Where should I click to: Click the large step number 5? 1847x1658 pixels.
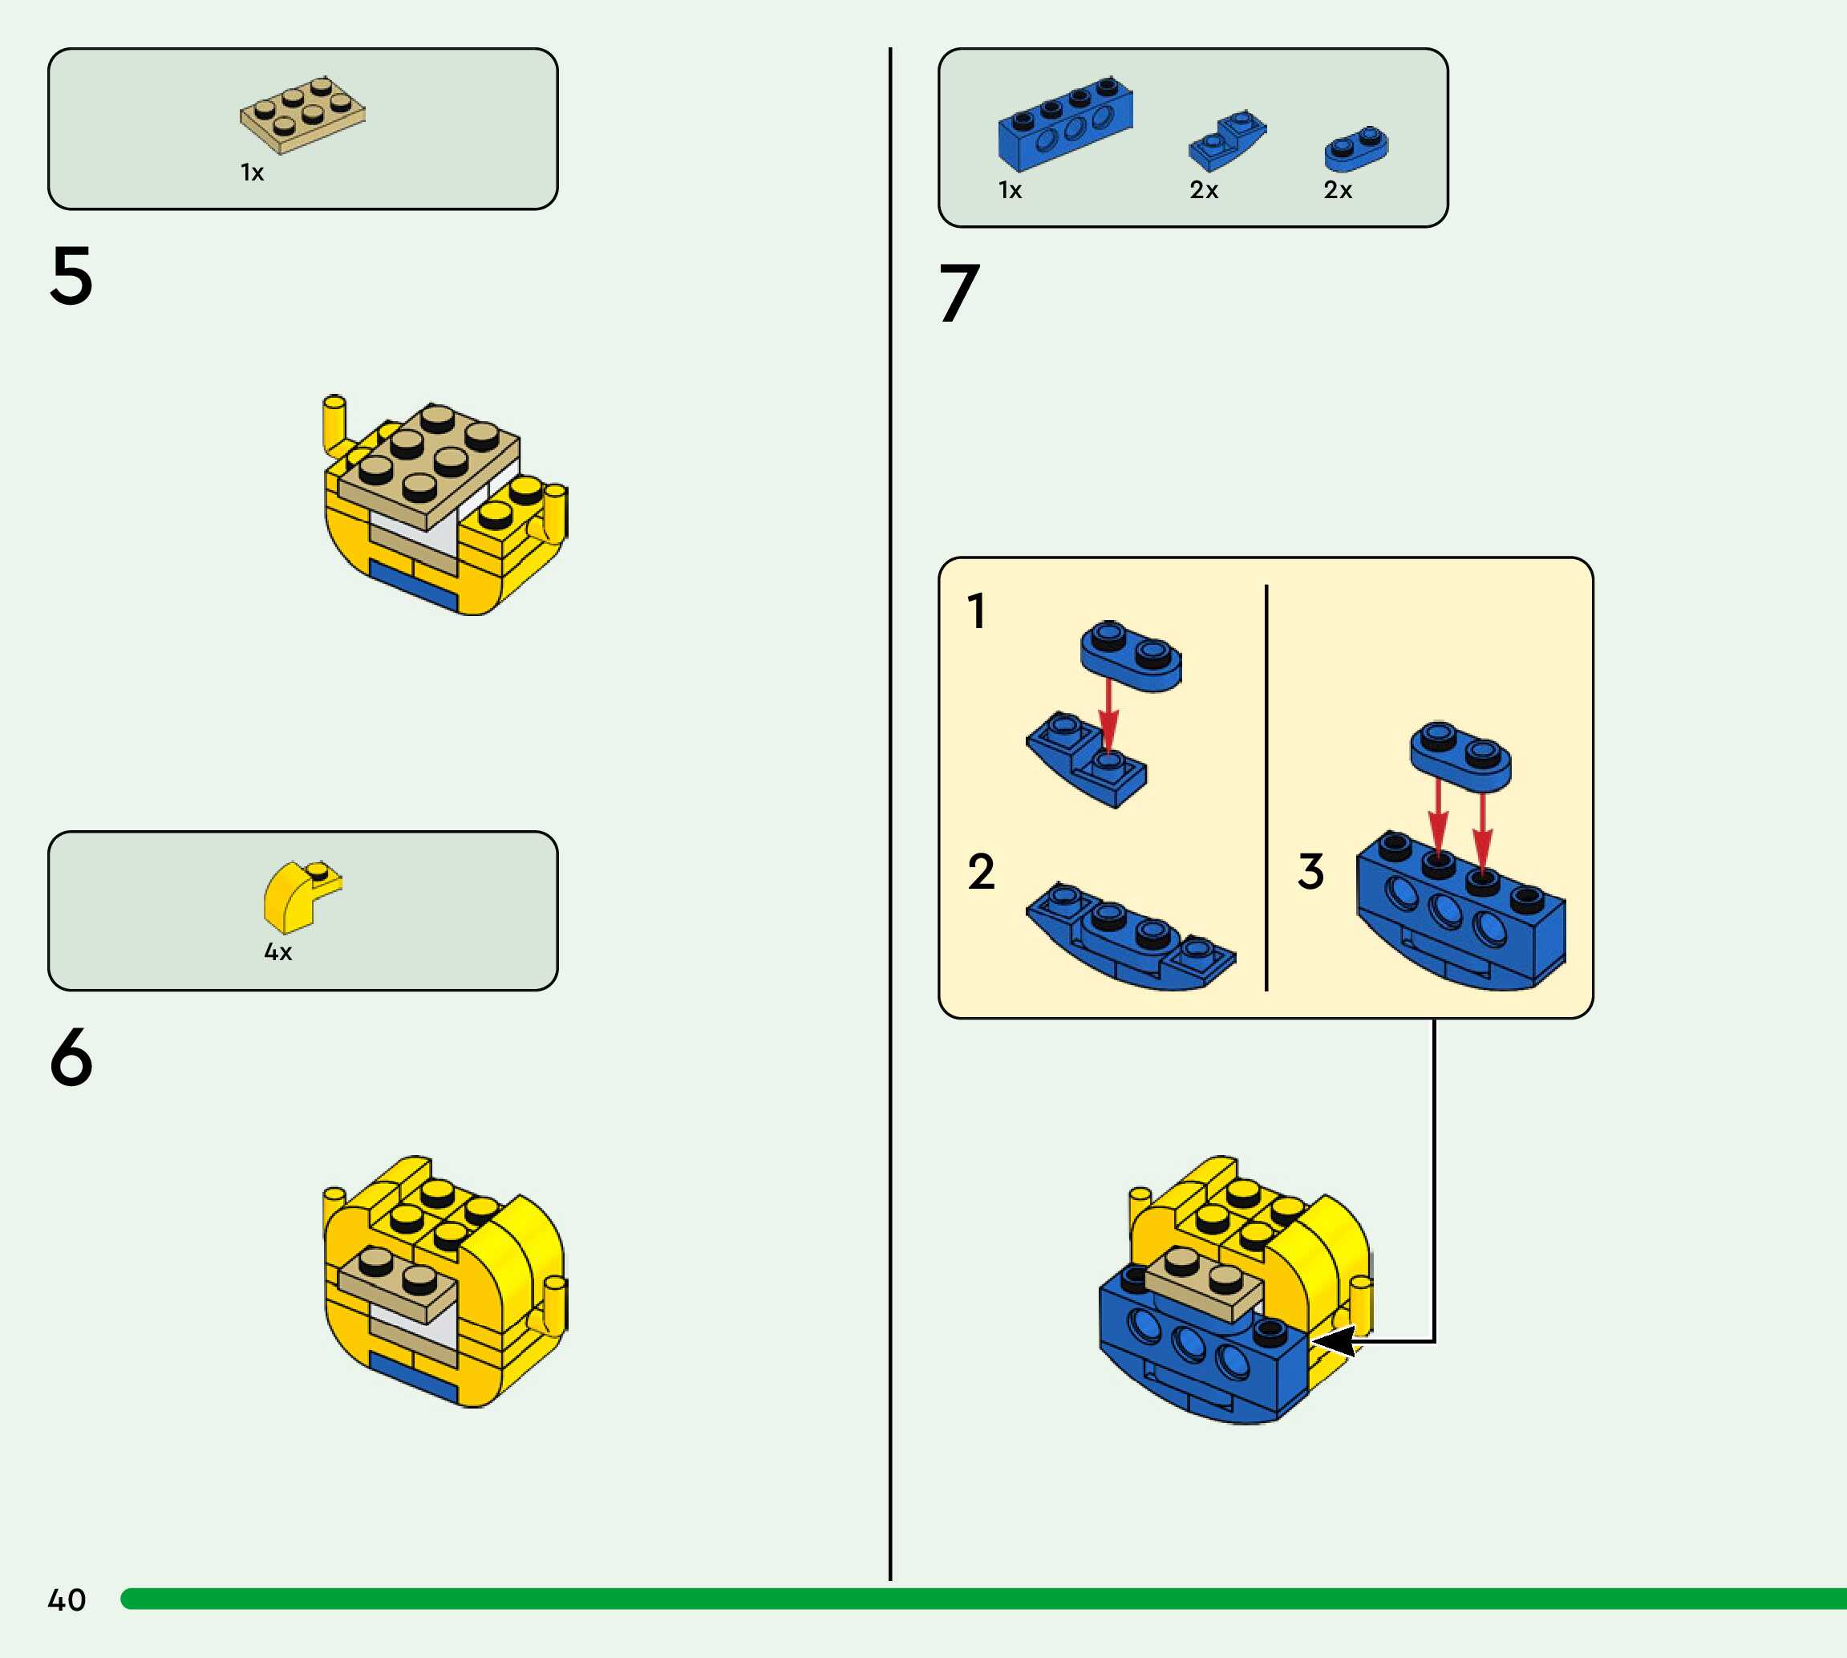pyautogui.click(x=71, y=275)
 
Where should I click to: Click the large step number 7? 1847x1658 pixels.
pyautogui.click(x=959, y=294)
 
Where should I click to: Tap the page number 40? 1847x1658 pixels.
pyautogui.click(x=67, y=1599)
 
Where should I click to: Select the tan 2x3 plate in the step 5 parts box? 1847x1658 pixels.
pyautogui.click(x=302, y=114)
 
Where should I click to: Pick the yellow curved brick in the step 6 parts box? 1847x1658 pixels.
pyautogui.click(x=301, y=897)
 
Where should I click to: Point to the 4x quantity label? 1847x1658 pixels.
pyautogui.click(x=277, y=952)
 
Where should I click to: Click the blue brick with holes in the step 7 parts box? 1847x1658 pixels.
pyautogui.click(x=1065, y=125)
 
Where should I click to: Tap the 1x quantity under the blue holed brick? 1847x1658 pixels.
pyautogui.click(x=1010, y=190)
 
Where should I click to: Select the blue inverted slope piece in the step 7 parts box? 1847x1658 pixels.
pyautogui.click(x=1227, y=141)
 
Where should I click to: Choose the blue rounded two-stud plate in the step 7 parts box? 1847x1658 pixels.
pyautogui.click(x=1356, y=149)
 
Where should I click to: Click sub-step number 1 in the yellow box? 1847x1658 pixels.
pyautogui.click(x=976, y=611)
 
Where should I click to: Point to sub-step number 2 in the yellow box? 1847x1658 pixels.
pyautogui.click(x=981, y=872)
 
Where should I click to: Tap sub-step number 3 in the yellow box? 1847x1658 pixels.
pyautogui.click(x=1310, y=872)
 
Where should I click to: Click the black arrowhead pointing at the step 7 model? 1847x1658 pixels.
pyautogui.click(x=1335, y=1341)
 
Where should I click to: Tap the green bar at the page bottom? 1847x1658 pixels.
pyautogui.click(x=983, y=1599)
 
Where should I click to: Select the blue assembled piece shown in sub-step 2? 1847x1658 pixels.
pyautogui.click(x=1130, y=938)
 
